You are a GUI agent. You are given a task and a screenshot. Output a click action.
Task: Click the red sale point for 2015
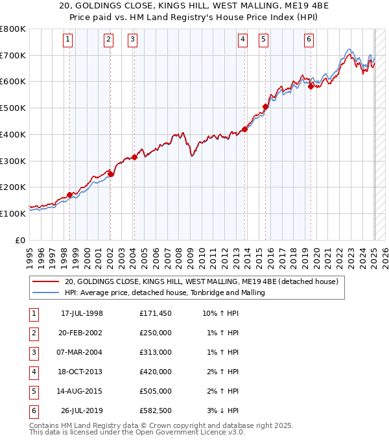click(x=265, y=107)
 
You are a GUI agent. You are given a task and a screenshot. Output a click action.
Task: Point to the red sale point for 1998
click(x=70, y=195)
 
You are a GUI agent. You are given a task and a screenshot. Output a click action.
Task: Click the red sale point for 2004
click(x=134, y=157)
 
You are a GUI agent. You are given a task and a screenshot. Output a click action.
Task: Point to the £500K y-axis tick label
click(x=13, y=108)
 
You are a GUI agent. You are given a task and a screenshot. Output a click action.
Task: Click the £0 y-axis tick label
click(x=19, y=240)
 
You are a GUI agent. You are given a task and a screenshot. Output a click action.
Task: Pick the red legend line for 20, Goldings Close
click(x=45, y=282)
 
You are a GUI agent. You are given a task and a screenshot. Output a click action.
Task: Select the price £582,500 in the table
click(x=155, y=411)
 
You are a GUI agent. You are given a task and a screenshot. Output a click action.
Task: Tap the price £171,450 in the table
click(x=155, y=313)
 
